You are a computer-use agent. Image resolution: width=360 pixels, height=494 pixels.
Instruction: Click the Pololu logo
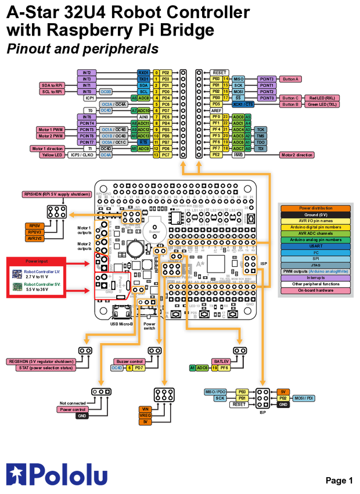click(x=56, y=474)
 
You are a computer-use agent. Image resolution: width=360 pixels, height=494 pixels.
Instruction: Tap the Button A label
click(x=289, y=78)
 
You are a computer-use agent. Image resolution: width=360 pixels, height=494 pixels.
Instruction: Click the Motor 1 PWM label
click(x=51, y=130)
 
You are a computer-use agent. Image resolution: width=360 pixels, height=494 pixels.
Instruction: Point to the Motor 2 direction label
click(x=297, y=155)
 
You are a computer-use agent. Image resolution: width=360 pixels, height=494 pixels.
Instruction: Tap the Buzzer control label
click(x=128, y=361)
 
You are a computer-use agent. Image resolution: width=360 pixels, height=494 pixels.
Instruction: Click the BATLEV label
click(x=222, y=361)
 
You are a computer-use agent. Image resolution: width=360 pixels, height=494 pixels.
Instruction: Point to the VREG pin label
click(x=145, y=416)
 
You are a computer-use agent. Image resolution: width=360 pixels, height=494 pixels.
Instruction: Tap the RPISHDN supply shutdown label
click(x=56, y=194)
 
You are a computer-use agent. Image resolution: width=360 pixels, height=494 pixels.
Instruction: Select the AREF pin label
click(x=217, y=110)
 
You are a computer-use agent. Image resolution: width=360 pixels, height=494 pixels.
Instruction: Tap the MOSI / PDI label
click(x=305, y=398)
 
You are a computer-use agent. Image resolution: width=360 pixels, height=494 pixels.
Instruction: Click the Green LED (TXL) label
click(x=323, y=105)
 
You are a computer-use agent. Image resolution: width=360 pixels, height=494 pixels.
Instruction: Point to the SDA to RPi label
click(x=51, y=85)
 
